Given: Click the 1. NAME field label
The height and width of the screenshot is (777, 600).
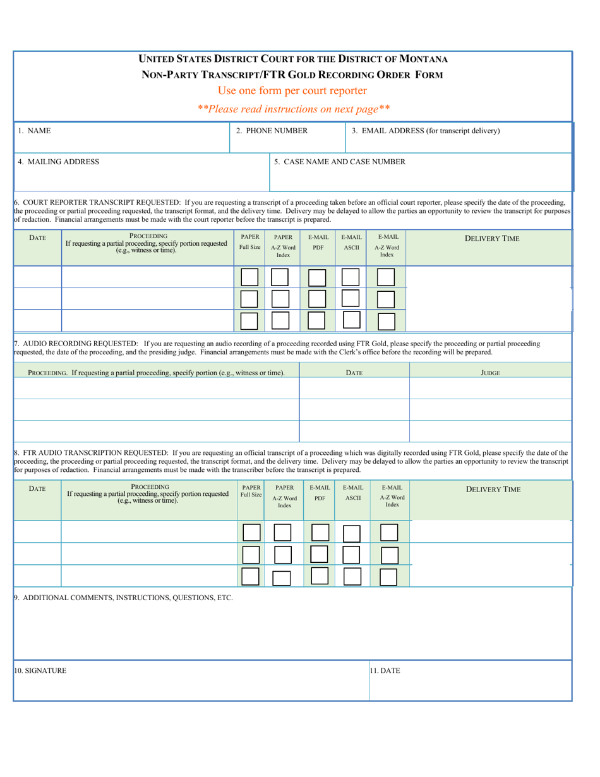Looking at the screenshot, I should (34, 131).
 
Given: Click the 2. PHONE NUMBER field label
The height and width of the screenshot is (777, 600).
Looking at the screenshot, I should (272, 131).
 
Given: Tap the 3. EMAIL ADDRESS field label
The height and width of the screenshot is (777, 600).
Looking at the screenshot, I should (426, 131).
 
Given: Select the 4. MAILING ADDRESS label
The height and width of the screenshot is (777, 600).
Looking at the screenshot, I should (58, 161).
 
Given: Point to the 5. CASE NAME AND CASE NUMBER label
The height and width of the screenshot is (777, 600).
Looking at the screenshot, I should (340, 161).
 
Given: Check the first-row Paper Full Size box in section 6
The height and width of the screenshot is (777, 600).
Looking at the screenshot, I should (249, 277).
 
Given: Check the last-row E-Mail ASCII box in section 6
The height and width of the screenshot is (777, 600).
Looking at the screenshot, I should (351, 320).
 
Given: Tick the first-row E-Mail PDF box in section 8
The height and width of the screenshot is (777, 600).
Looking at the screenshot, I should (320, 533).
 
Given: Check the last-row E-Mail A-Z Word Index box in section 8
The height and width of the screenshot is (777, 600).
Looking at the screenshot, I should (389, 576).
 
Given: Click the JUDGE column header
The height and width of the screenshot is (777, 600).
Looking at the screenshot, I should (491, 373).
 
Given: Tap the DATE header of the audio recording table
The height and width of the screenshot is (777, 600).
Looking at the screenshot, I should (354, 373).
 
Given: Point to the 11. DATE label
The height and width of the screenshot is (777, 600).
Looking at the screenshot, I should (385, 671).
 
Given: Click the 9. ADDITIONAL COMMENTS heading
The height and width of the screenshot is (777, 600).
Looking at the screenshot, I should (123, 597).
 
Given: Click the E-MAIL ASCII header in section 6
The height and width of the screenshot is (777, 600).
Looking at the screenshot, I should (351, 241).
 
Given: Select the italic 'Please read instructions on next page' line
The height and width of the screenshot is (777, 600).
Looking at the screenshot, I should (293, 109).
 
